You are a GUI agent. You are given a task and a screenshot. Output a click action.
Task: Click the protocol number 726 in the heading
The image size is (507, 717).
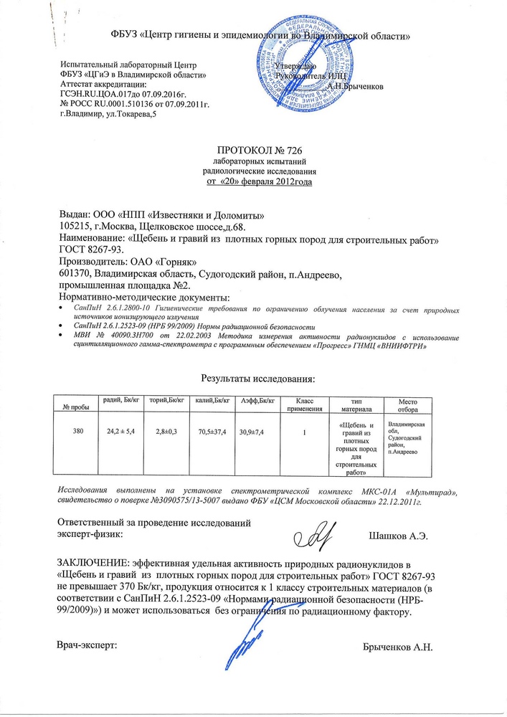280,151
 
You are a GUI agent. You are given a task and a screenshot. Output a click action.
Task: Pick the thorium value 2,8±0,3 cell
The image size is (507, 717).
166,432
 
